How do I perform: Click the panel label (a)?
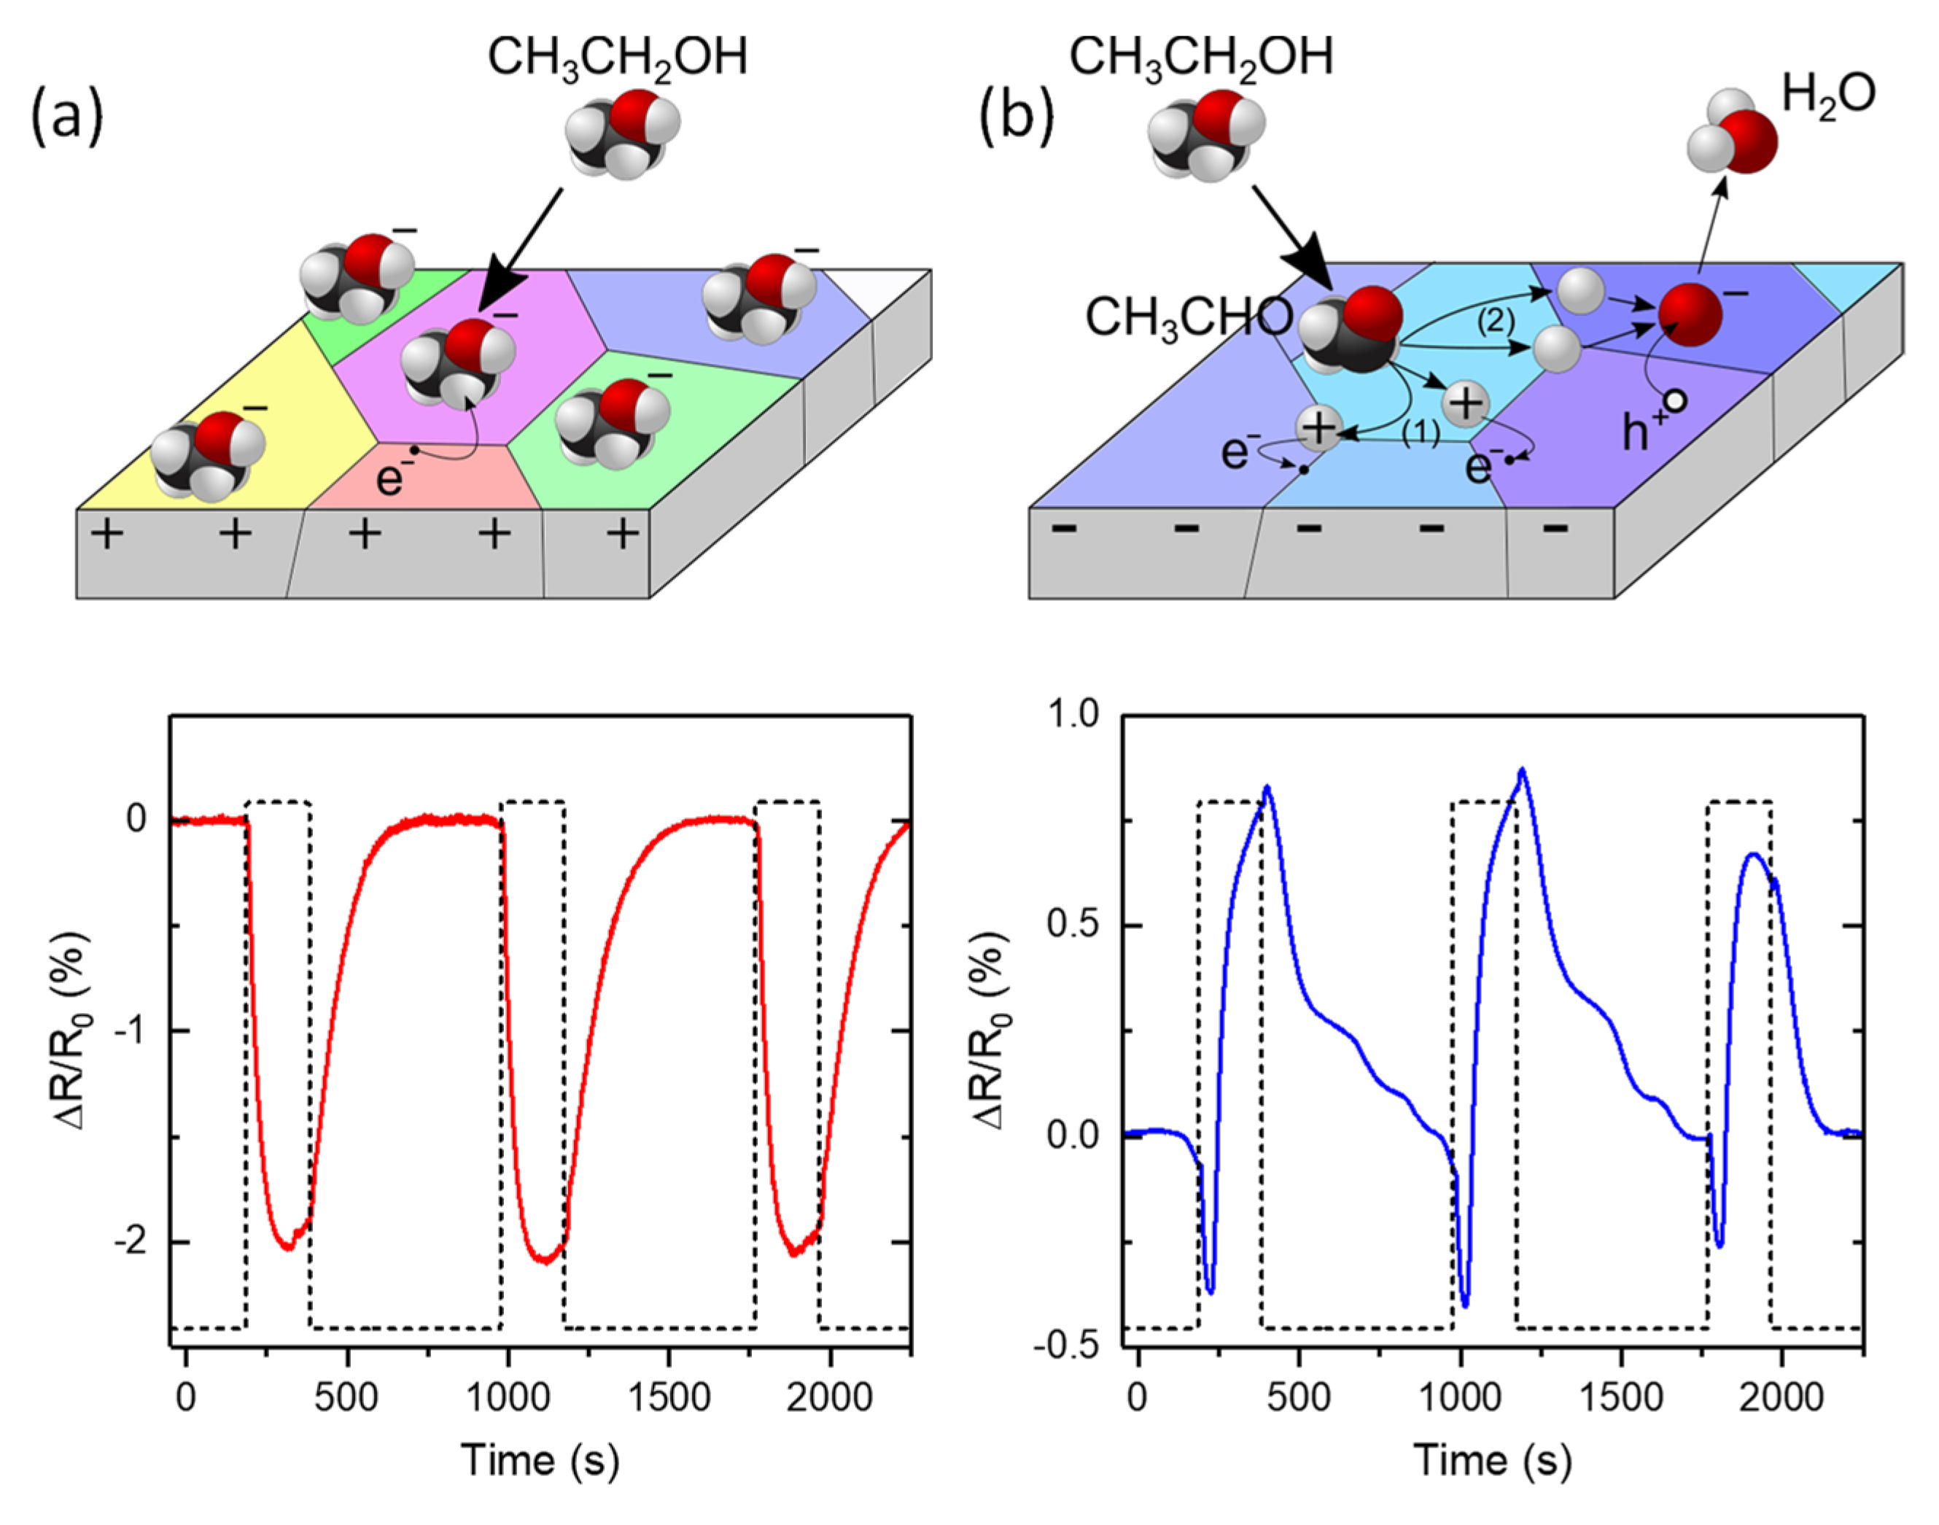click(x=67, y=117)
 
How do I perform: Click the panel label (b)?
click(x=1017, y=117)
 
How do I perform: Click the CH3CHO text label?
click(x=1188, y=318)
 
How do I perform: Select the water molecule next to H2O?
click(x=1732, y=139)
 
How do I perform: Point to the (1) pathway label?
click(x=1421, y=433)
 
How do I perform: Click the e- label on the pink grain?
click(x=393, y=478)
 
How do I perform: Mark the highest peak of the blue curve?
click(x=1522, y=769)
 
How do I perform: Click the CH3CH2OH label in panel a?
click(x=617, y=58)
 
